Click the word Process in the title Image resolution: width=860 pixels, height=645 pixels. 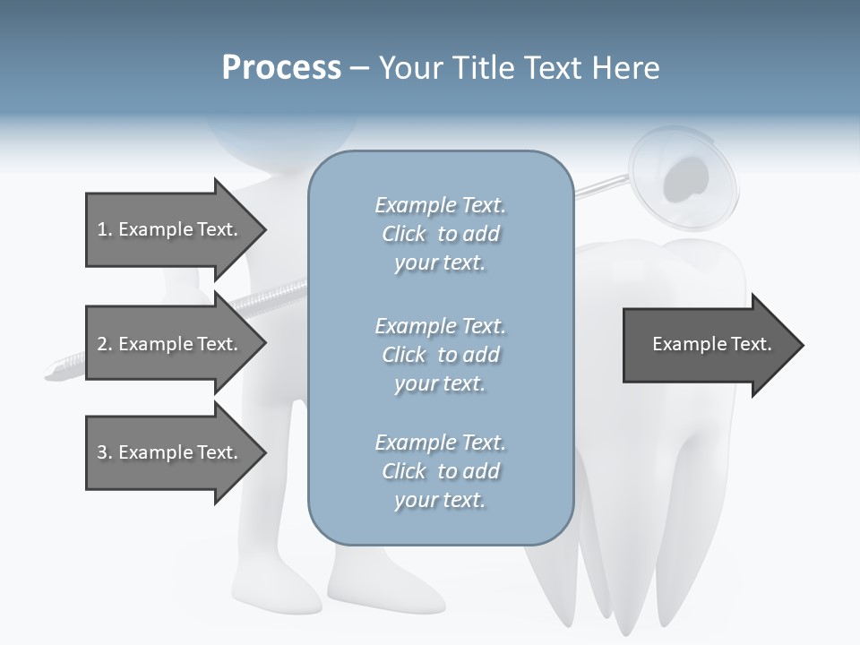pos(281,68)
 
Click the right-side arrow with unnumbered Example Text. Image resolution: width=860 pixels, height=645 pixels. pos(711,345)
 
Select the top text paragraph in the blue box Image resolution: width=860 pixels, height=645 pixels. pos(440,234)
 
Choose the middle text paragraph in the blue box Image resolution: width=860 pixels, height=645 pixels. pos(440,355)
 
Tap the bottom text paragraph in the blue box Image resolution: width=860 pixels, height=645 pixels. pos(440,471)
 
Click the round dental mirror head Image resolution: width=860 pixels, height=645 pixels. pos(684,176)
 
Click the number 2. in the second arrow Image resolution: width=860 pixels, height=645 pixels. pos(104,344)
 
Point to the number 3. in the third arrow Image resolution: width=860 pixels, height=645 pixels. pos(104,452)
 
